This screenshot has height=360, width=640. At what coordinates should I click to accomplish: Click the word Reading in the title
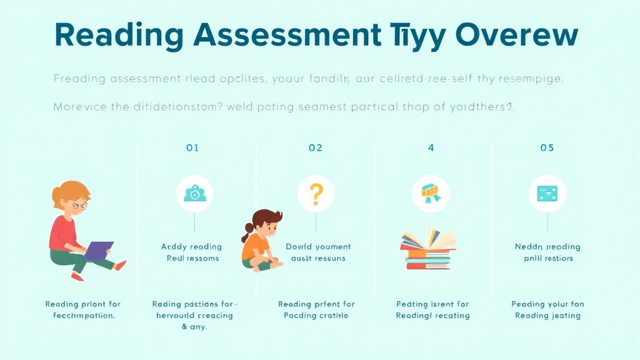tap(116, 36)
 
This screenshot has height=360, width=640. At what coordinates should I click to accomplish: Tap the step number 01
tap(192, 148)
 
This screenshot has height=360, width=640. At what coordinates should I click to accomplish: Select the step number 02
tap(316, 148)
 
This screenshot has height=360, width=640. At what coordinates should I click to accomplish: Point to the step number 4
tap(431, 148)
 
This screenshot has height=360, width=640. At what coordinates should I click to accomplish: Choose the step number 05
tap(547, 148)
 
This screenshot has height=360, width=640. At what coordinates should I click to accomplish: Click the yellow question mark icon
tap(316, 194)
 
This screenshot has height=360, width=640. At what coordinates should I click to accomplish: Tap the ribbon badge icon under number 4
tap(431, 193)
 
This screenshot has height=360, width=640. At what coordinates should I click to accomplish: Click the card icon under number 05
tap(547, 193)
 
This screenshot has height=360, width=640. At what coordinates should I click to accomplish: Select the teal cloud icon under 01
tap(194, 194)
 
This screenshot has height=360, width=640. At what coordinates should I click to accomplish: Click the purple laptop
tap(98, 251)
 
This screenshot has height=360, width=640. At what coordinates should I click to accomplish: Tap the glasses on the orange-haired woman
tap(79, 205)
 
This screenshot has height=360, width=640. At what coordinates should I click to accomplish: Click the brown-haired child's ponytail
tap(247, 236)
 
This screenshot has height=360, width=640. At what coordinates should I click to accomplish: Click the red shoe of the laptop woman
tap(121, 266)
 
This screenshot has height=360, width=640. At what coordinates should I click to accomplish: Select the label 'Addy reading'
tap(191, 247)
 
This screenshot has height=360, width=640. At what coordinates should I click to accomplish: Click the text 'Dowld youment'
tap(318, 247)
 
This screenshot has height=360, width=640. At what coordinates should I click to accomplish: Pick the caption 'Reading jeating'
tap(547, 316)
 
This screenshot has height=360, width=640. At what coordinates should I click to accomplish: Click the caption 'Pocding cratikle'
tap(316, 316)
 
